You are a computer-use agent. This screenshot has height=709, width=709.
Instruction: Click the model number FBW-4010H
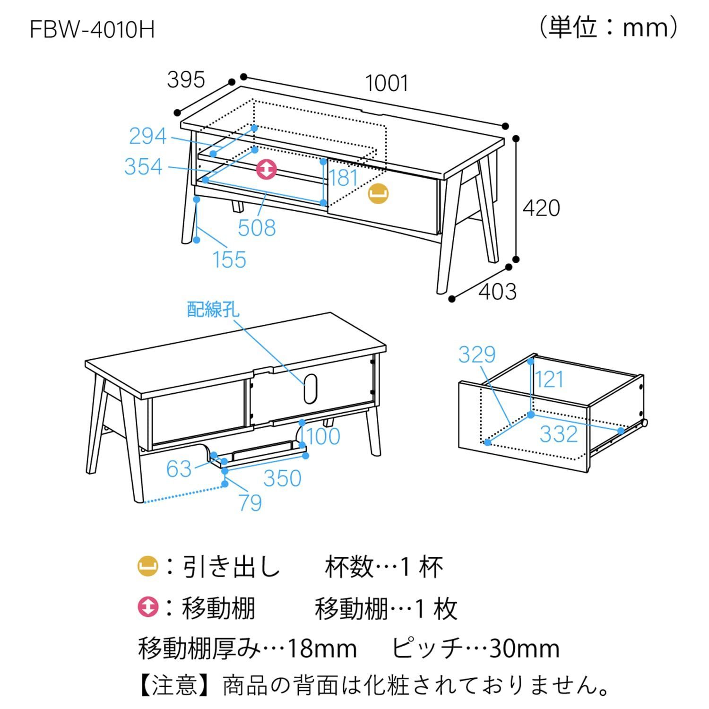[92, 30]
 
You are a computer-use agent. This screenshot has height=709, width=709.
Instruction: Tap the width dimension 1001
[386, 84]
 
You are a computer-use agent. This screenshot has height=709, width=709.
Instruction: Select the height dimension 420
[541, 208]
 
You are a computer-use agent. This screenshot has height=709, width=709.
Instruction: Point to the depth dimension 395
[186, 79]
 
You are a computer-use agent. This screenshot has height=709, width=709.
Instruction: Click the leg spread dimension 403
[497, 292]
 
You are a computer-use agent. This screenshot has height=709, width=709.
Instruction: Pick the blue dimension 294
[148, 137]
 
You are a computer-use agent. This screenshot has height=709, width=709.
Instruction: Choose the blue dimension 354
[143, 167]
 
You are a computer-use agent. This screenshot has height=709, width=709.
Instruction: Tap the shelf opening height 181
[344, 178]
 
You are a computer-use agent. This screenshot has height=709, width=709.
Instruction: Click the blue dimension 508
[256, 228]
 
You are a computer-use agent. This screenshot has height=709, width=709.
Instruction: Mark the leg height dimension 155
[229, 259]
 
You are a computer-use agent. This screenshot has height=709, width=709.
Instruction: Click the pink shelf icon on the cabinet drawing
[266, 169]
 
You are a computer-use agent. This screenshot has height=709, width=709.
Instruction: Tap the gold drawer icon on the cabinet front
[378, 193]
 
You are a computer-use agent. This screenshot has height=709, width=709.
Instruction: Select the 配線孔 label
[213, 310]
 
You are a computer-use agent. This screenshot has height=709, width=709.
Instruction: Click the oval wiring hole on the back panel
[310, 389]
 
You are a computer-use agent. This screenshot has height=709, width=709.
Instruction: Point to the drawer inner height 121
[549, 380]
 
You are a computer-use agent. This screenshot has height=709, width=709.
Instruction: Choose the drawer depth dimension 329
[476, 354]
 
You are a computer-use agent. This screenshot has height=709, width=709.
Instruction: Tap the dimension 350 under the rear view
[282, 478]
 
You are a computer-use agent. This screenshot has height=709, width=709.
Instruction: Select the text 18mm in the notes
[322, 648]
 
